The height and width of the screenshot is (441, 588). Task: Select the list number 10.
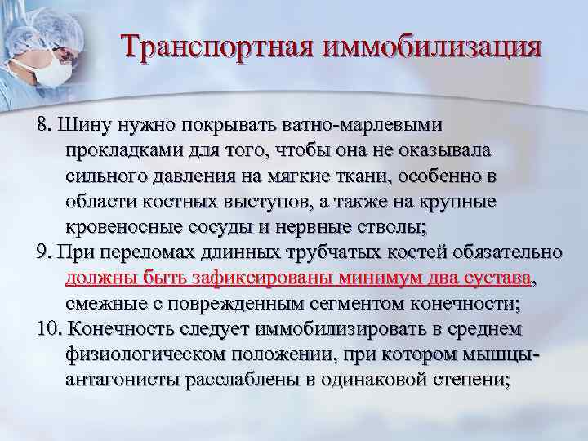coord(49,329)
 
